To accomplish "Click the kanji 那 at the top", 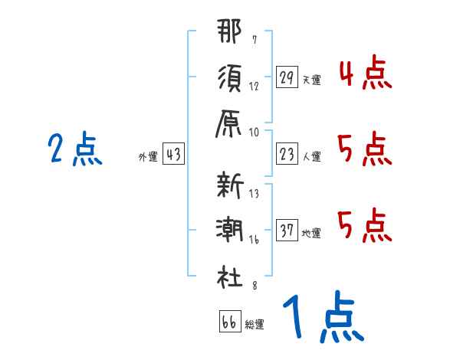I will pos(229,35).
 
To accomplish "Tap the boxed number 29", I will pos(287,77).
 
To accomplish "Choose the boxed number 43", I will pos(173,155).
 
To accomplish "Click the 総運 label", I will pos(255,324).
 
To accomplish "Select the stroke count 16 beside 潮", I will pos(254,240).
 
